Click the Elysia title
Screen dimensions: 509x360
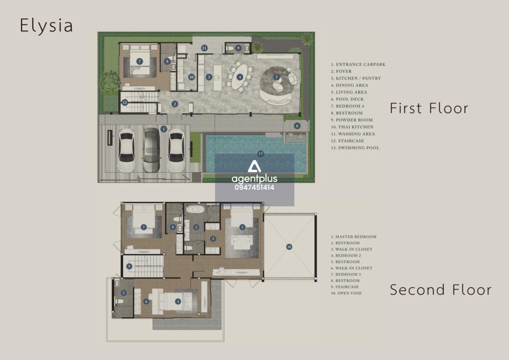click(46, 26)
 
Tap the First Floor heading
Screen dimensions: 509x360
click(429, 108)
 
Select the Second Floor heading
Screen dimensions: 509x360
click(440, 290)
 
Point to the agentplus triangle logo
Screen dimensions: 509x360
click(254, 166)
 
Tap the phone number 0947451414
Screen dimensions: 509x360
click(255, 187)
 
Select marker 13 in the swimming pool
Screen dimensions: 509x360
click(260, 154)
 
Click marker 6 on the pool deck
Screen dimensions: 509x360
click(297, 126)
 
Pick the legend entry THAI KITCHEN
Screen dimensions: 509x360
click(352, 127)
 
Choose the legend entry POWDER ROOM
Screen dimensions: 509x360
click(352, 120)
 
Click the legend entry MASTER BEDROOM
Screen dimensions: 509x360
click(354, 237)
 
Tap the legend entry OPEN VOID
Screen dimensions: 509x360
click(346, 293)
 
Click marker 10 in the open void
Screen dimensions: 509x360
click(289, 247)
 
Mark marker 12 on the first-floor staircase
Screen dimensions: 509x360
click(125, 102)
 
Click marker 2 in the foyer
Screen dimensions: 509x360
click(174, 104)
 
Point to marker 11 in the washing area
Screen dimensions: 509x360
click(204, 48)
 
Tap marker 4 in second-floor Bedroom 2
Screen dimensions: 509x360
click(178, 301)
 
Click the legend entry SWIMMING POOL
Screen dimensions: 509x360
click(355, 148)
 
